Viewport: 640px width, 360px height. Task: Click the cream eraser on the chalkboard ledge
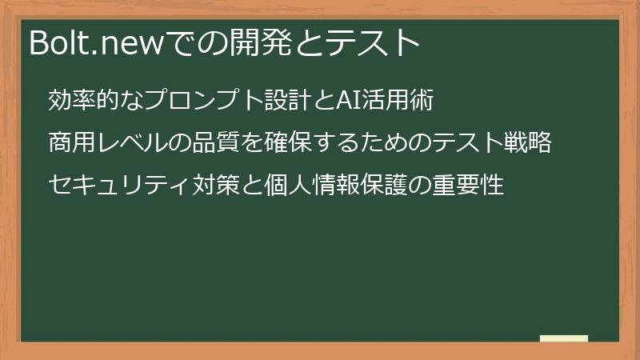point(564,338)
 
